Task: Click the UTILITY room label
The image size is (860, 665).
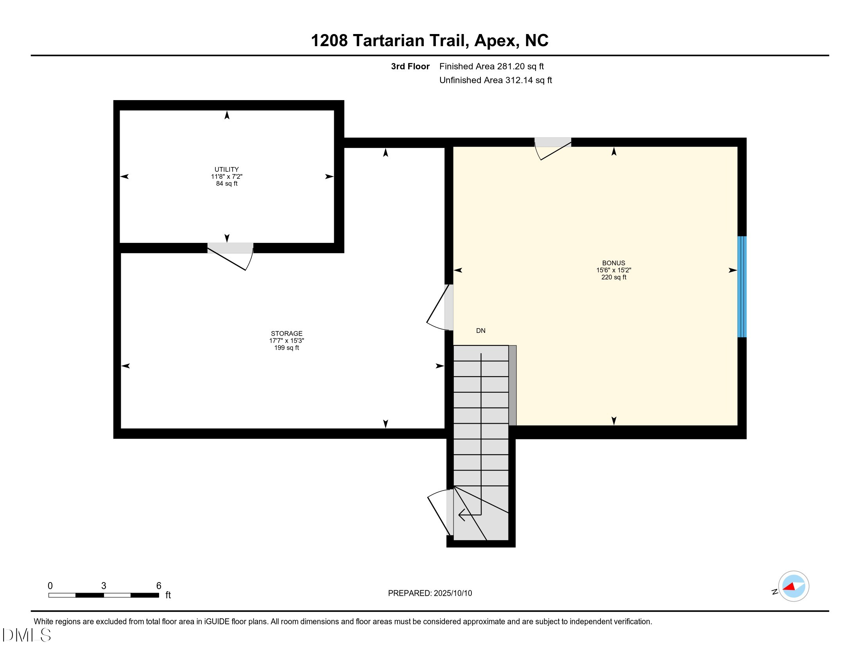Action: (226, 169)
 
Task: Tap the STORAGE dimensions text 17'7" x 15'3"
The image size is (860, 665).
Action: (286, 341)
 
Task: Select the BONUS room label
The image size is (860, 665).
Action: (613, 263)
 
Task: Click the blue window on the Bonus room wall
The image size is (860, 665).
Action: (742, 287)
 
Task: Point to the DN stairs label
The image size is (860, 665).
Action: (480, 331)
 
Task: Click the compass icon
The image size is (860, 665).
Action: (794, 586)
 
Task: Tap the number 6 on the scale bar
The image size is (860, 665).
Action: (159, 586)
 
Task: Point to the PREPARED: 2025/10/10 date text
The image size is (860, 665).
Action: (430, 593)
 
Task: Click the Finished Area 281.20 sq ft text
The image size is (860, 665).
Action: (491, 66)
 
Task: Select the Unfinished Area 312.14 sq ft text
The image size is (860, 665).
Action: (495, 80)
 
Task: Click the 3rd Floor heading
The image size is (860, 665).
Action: (410, 66)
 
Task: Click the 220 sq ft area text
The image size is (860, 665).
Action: (613, 277)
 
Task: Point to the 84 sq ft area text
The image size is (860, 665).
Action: (226, 183)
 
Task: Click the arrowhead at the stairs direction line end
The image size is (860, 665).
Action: (461, 515)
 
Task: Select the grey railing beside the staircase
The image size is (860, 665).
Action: (512, 385)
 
